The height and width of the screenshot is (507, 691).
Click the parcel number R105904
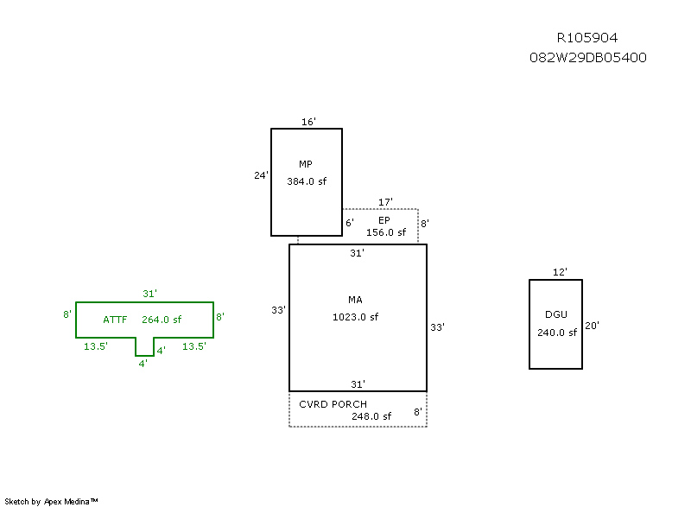587,38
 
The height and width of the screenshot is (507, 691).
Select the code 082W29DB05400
587,58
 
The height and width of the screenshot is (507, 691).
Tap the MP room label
306,164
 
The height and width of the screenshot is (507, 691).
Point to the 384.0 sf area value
307,181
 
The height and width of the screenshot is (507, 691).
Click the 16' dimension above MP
308,122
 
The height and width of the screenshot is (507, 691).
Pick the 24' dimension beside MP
261,175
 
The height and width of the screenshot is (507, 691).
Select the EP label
384,220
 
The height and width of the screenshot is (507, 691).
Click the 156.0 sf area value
386,232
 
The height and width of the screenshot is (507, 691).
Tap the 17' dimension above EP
385,202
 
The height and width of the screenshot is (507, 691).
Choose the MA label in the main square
355,300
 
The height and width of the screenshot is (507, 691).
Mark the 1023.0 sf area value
355,317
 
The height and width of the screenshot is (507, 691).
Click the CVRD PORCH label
333,404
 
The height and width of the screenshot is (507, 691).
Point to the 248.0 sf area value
371,416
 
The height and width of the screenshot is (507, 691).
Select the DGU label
556,315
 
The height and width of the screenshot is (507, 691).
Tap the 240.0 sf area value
556,333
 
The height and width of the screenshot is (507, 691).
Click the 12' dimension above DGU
560,273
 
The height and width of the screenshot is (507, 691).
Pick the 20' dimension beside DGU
592,326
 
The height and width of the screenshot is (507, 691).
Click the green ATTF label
115,320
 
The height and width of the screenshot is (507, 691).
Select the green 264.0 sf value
162,320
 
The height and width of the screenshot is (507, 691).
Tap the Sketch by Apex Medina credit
51,501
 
